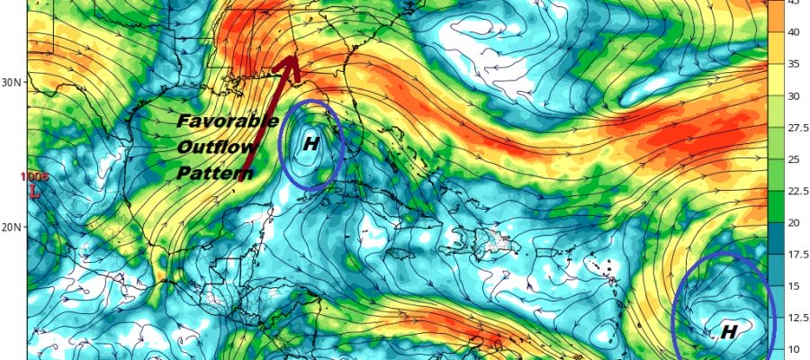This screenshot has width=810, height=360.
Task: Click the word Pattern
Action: [x=214, y=173]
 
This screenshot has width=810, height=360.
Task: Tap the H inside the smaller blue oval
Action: [x=311, y=142]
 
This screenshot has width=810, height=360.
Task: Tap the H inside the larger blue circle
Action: [x=729, y=331]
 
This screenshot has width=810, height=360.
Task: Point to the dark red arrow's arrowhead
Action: [x=290, y=63]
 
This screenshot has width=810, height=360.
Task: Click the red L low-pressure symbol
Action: [x=34, y=192]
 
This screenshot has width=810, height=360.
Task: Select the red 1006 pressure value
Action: [x=34, y=177]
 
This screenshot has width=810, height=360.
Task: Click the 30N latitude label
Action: [x=11, y=81]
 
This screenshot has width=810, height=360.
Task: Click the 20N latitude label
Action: [x=11, y=227]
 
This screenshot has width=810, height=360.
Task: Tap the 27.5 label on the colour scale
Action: [x=791, y=128]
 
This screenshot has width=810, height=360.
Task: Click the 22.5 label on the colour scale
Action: [x=791, y=191]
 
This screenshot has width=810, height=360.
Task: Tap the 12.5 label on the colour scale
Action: [x=791, y=318]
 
